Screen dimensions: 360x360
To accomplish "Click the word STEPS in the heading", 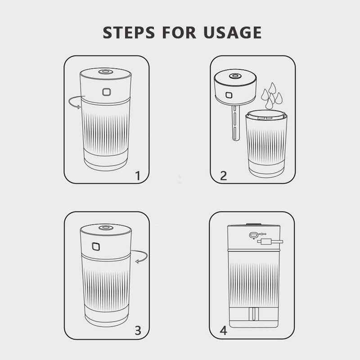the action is [x=129, y=32].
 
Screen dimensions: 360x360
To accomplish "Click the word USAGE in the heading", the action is [x=232, y=32].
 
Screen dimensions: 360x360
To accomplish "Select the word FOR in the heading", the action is [x=179, y=32].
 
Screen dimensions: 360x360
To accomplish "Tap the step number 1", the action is [x=138, y=175].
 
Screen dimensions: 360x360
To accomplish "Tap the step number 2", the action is [x=223, y=175].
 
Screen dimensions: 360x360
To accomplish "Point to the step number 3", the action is [x=138, y=331].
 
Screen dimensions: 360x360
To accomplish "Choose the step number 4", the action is [x=223, y=331].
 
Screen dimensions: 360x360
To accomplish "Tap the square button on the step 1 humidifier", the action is [x=106, y=92].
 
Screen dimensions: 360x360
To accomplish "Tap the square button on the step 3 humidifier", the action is [x=96, y=246].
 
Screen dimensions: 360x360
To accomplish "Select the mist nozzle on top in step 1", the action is [x=106, y=72].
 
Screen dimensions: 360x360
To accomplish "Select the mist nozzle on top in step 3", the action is [x=106, y=228].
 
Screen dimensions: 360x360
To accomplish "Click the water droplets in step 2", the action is [x=272, y=95].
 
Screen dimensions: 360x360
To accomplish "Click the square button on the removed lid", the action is [x=229, y=95].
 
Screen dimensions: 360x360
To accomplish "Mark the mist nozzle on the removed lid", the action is [x=235, y=76].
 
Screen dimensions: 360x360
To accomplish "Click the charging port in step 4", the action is [x=254, y=235].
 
